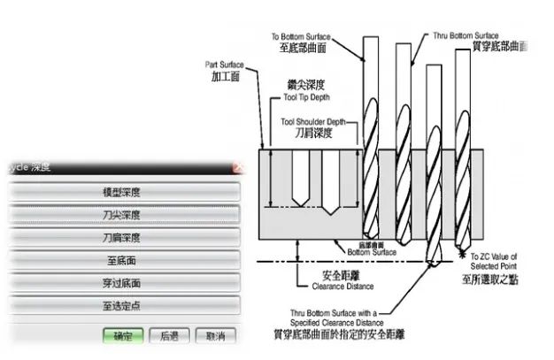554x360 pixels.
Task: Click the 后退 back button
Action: coord(169,336)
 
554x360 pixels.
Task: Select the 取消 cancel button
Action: coord(215,336)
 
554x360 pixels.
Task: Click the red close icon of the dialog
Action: coord(237,166)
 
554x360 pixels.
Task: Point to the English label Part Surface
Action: coord(223,65)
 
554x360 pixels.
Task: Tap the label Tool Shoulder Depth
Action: coord(313,121)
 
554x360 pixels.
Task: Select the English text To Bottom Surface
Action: coord(301,36)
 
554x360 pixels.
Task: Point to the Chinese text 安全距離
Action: coord(322,274)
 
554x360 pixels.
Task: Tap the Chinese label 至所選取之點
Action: coord(496,280)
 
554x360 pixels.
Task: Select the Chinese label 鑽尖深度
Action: coord(305,84)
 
